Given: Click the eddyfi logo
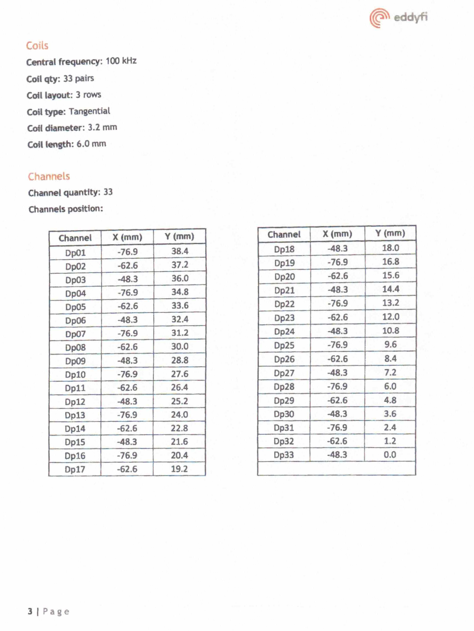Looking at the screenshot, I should tap(399, 18).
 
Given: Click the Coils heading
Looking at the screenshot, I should tap(37, 45).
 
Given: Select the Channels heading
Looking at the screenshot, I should tap(49, 176).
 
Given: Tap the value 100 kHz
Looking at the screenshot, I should tap(121, 61).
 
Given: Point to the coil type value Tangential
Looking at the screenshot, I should tap(89, 111).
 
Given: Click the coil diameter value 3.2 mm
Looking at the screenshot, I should tap(102, 127).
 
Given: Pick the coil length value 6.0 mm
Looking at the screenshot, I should tap(91, 144).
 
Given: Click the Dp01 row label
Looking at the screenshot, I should tap(75, 253).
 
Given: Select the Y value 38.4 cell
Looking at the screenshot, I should tap(180, 251).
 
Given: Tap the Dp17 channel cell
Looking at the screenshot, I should tap(75, 470).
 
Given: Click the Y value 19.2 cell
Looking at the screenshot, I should tap(179, 469).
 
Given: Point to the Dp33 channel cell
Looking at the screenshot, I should tap(284, 455).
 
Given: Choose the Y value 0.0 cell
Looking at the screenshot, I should tap(390, 455).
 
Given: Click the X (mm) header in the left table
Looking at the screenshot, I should tap(127, 237).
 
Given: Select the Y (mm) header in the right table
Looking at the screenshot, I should tap(390, 233).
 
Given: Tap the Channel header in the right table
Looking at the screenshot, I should tap(284, 234).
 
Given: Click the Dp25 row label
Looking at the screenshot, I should tap(284, 345).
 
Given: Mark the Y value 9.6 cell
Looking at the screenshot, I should tap(390, 344).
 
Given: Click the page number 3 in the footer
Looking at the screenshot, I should tap(30, 611).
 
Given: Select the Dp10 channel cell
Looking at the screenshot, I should tap(75, 375).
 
